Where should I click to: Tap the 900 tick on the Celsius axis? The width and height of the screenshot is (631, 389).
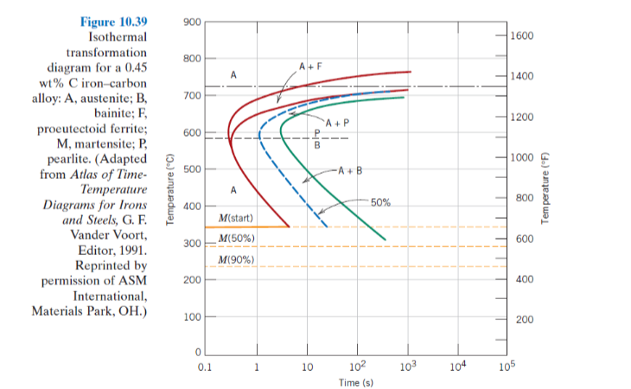(190, 21)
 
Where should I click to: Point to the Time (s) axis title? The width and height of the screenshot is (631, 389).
(356, 381)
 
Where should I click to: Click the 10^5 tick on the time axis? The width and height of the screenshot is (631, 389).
(507, 364)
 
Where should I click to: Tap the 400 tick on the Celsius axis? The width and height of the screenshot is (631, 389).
(190, 207)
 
